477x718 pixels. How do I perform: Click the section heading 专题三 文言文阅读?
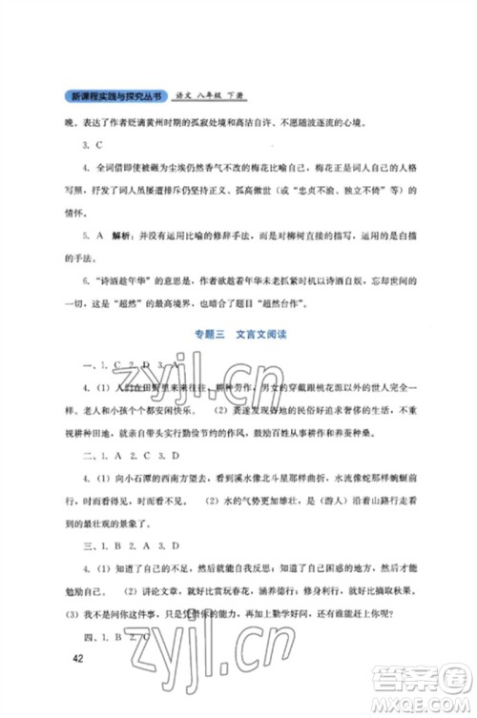point(237,334)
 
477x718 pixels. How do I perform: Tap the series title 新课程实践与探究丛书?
point(112,96)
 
